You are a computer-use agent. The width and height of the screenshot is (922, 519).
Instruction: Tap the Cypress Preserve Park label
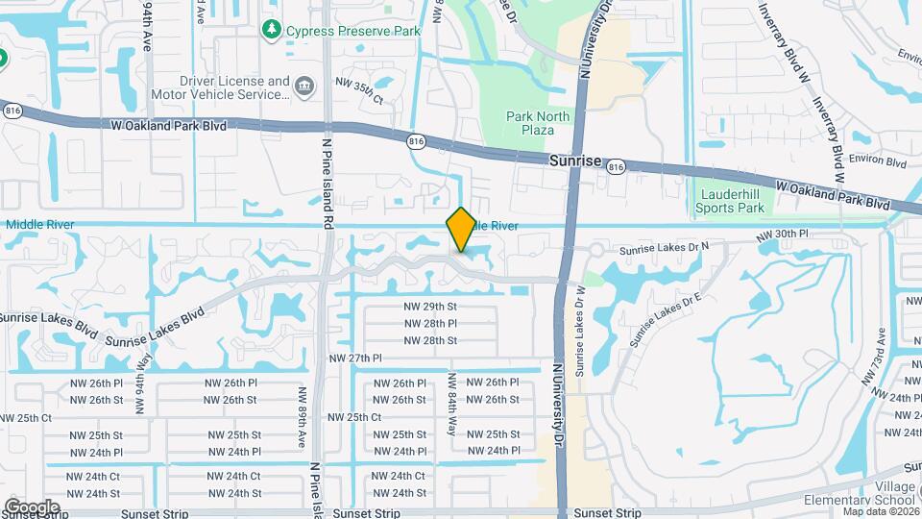[x=352, y=31]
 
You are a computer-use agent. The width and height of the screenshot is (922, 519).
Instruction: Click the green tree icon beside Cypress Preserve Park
[x=273, y=31]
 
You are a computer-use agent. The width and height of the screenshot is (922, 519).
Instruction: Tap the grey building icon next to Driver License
[x=303, y=87]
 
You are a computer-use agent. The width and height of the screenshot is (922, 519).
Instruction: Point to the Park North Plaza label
[x=538, y=123]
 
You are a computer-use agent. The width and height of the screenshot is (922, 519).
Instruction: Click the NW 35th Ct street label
[x=358, y=99]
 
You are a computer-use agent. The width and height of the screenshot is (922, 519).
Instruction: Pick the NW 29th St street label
[x=429, y=306]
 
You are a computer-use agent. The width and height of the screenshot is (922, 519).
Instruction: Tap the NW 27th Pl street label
[x=355, y=358]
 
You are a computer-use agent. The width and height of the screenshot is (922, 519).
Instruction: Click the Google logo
[x=32, y=507]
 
